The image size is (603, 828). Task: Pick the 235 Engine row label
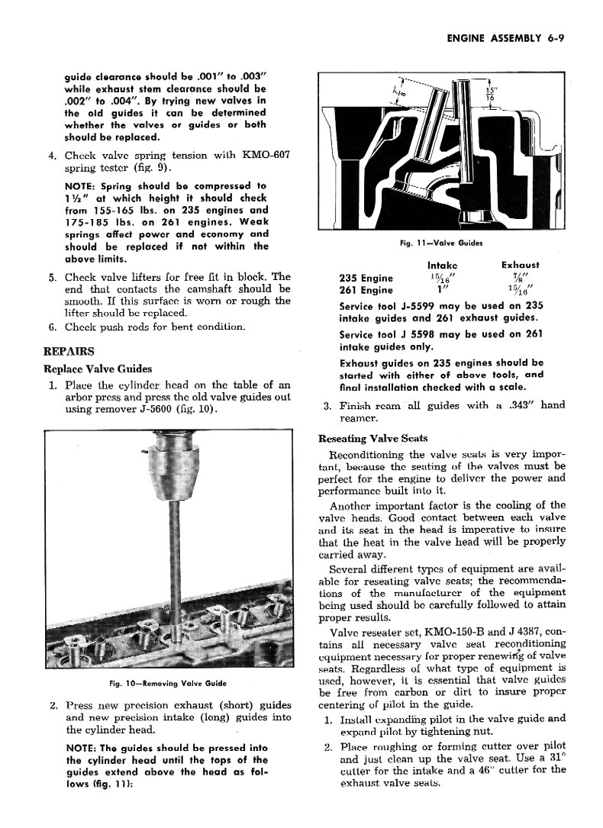coord(366,278)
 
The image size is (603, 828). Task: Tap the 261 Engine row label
coord(366,290)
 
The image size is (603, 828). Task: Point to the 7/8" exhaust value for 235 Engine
coord(520,277)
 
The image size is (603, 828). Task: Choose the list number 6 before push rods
coord(52,327)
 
